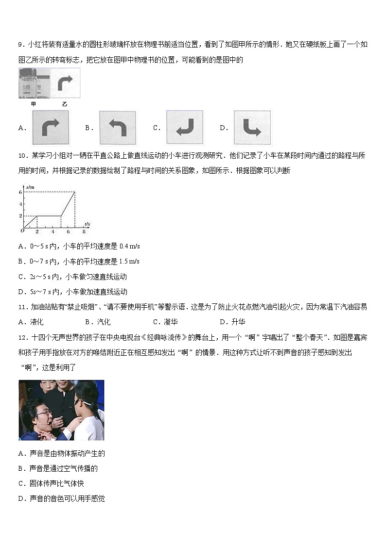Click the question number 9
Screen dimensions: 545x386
20,45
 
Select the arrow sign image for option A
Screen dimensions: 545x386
51,128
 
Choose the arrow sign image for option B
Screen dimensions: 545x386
117,128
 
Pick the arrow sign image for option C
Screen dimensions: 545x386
185,128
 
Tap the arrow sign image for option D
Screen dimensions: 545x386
252,128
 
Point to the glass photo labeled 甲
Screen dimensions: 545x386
34,83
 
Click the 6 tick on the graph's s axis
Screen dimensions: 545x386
21,192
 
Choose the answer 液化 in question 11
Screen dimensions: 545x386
37,322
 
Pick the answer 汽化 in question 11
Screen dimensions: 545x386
104,322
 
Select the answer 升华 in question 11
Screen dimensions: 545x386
238,322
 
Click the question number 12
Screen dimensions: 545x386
22,337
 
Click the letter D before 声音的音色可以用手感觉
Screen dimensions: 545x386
21,498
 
